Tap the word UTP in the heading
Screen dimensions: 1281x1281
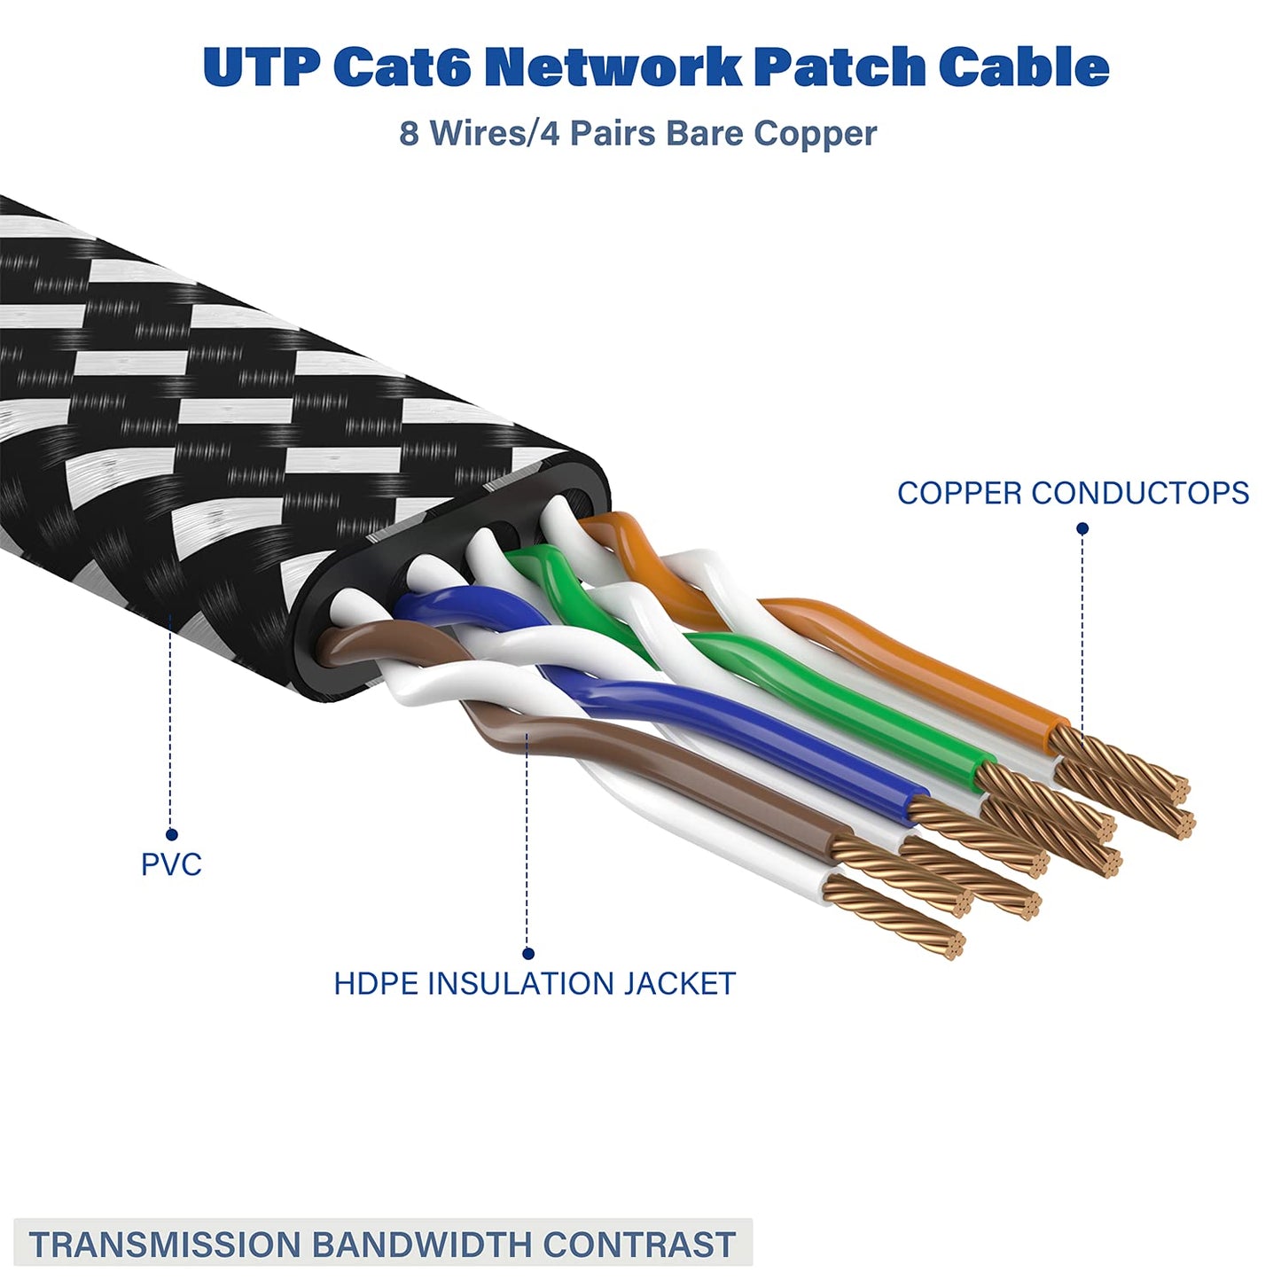click(261, 67)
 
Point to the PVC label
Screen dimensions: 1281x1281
click(171, 864)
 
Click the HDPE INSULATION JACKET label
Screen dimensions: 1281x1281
click(535, 984)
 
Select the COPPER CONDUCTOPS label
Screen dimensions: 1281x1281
click(1073, 493)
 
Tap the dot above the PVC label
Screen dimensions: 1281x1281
click(171, 834)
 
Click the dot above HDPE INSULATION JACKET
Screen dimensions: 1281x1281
click(528, 954)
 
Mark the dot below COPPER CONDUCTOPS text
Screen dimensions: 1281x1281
click(1082, 528)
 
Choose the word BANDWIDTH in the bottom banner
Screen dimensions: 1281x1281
click(423, 1245)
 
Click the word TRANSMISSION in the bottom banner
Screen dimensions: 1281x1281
click(165, 1245)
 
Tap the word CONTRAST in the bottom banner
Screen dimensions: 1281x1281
click(639, 1245)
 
